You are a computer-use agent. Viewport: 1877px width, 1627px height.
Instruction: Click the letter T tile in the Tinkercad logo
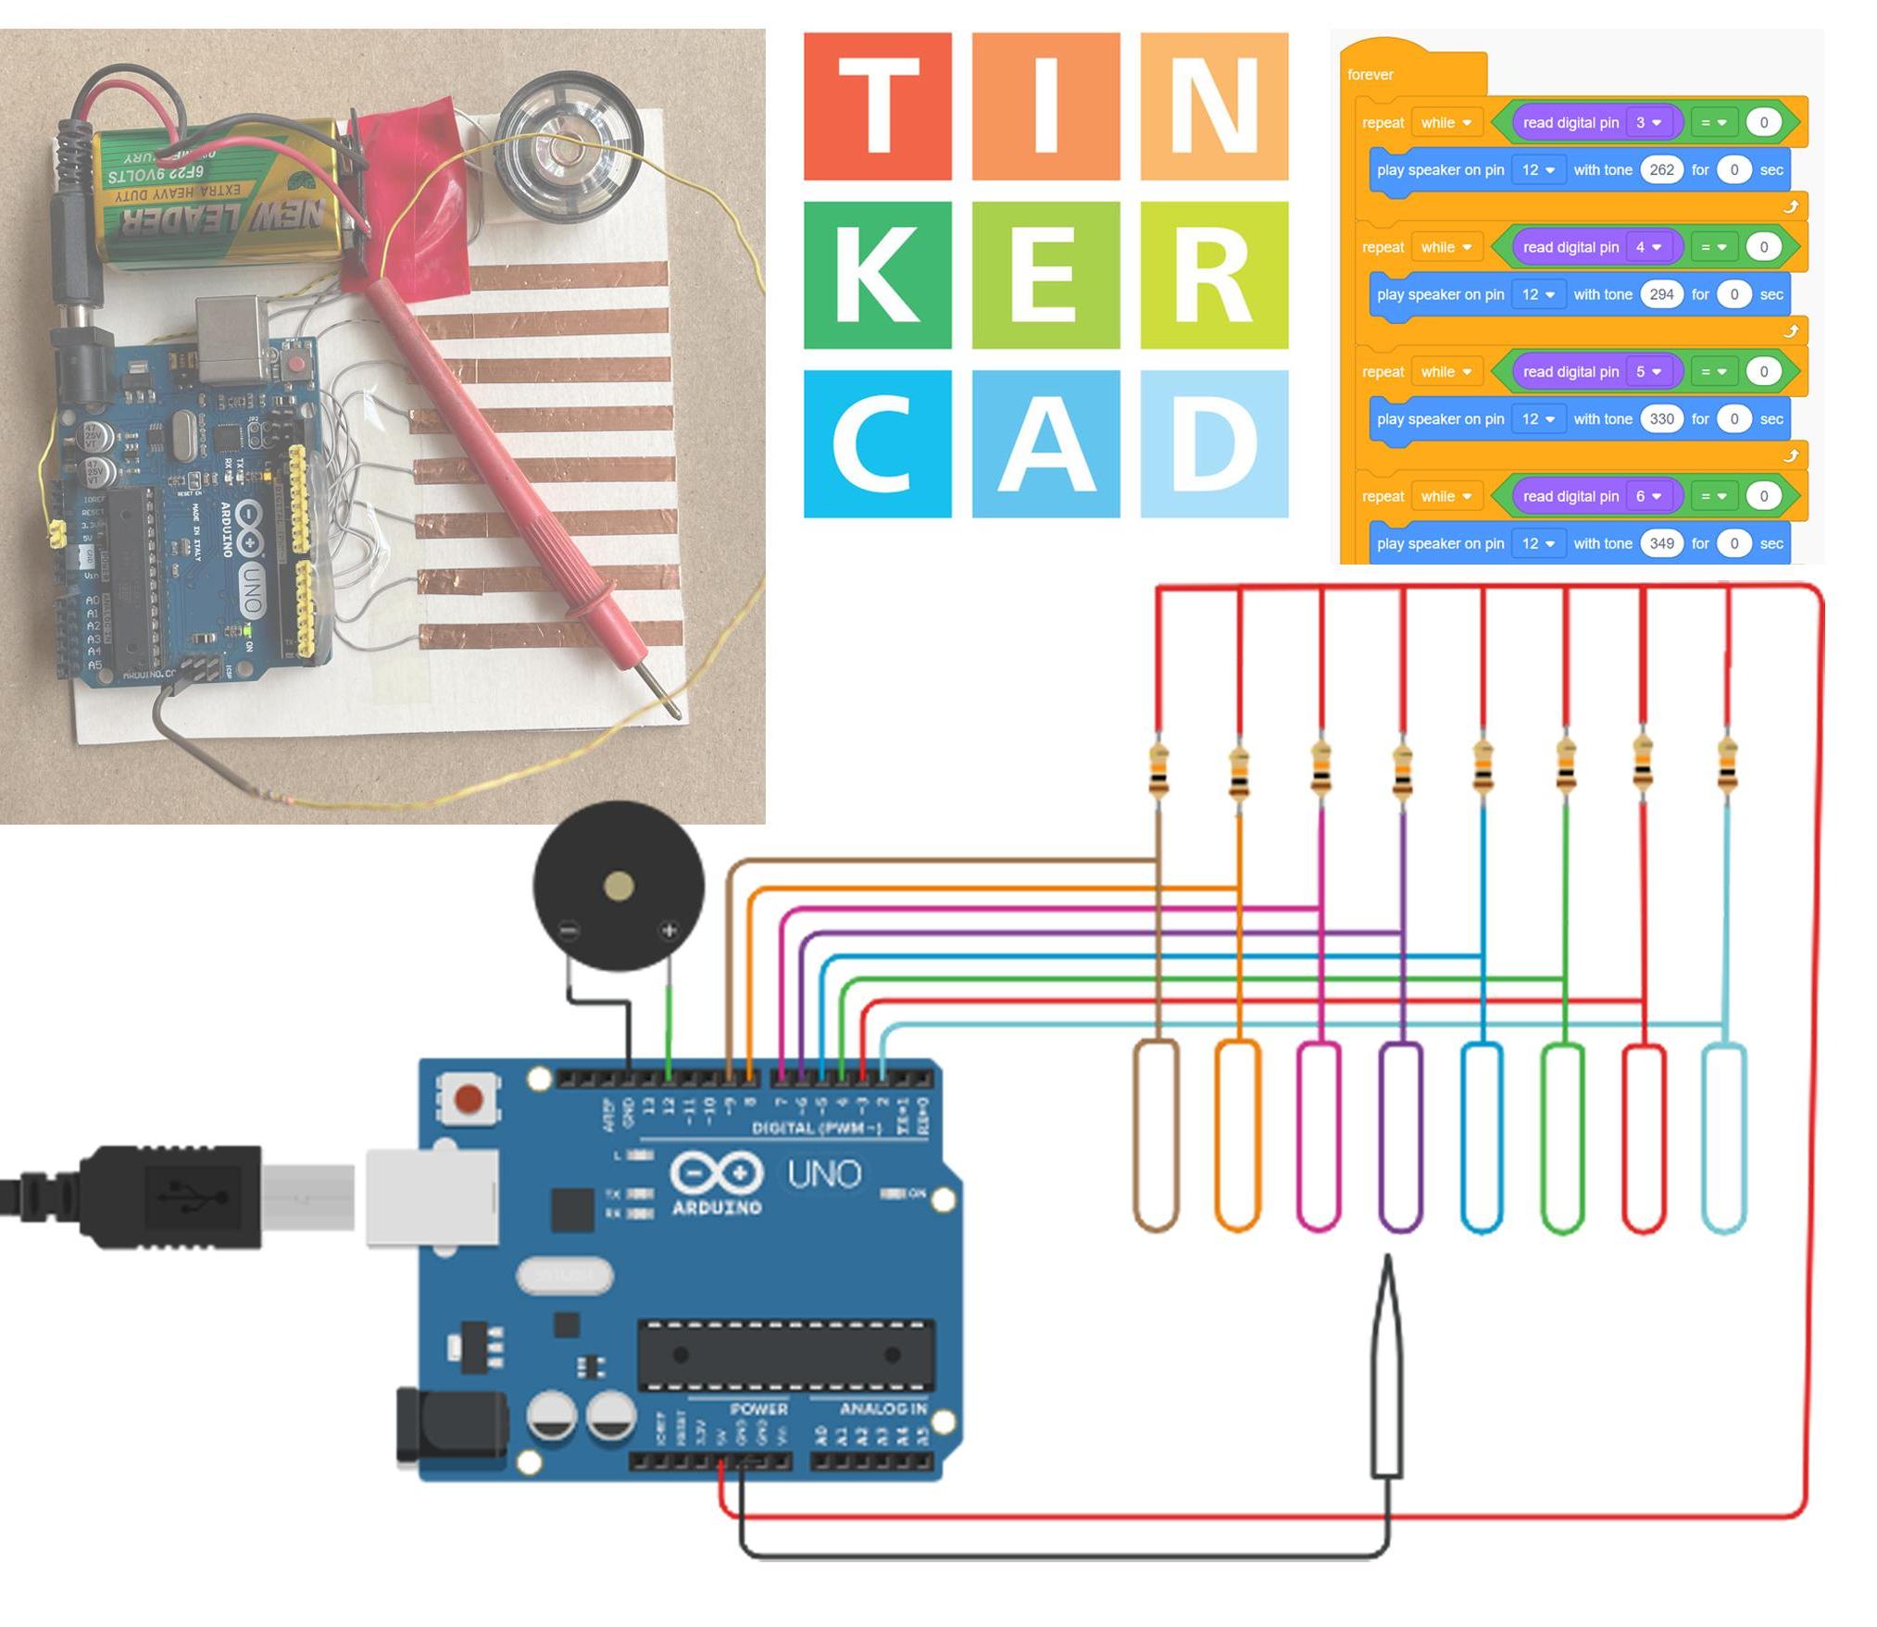(876, 106)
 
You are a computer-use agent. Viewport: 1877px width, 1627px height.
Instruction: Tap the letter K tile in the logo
(876, 275)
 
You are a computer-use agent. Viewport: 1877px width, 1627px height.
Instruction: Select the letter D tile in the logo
(1213, 444)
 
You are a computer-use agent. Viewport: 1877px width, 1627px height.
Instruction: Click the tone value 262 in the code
(1660, 170)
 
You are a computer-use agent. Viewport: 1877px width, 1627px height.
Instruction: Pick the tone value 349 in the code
(1660, 544)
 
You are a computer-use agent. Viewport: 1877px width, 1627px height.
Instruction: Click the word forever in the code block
(1370, 75)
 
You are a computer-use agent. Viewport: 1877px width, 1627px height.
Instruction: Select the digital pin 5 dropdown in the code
(1647, 372)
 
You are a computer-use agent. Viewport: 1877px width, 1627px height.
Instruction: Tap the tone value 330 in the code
(1660, 419)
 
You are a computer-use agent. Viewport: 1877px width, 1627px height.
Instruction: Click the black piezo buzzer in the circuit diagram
(618, 886)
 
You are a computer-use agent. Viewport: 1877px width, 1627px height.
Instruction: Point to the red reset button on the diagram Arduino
(469, 1099)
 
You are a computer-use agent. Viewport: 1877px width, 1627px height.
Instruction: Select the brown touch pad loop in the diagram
(1156, 1136)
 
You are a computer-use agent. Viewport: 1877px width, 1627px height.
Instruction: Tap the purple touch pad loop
(1400, 1136)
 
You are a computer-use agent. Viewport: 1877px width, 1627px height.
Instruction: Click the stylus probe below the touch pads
(1386, 1370)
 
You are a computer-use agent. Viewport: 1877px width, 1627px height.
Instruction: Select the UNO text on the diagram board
(823, 1174)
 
